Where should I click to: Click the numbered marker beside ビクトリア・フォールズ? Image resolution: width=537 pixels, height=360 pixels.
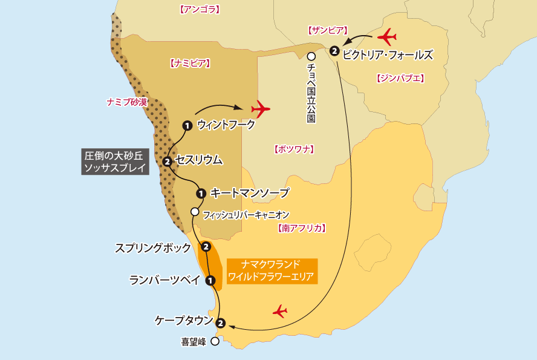click(x=334, y=51)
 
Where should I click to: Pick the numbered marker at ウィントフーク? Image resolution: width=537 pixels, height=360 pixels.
click(x=187, y=125)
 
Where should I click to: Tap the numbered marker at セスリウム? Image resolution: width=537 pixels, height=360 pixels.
click(x=167, y=161)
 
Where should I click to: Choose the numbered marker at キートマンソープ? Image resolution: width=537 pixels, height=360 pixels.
click(x=201, y=194)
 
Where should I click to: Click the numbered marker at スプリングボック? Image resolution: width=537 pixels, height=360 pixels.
click(x=206, y=247)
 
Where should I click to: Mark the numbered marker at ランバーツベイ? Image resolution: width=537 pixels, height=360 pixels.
click(x=210, y=280)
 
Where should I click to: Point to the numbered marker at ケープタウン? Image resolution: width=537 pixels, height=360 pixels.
click(x=220, y=323)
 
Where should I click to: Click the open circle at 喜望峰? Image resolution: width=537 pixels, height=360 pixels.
click(x=215, y=341)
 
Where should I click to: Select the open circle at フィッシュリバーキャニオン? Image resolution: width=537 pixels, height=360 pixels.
click(x=194, y=212)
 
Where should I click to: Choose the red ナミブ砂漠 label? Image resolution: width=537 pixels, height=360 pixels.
click(x=126, y=102)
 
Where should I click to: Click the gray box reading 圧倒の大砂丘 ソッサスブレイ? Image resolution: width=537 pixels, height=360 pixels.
click(x=115, y=162)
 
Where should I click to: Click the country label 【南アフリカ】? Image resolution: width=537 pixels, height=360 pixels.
click(x=302, y=229)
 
